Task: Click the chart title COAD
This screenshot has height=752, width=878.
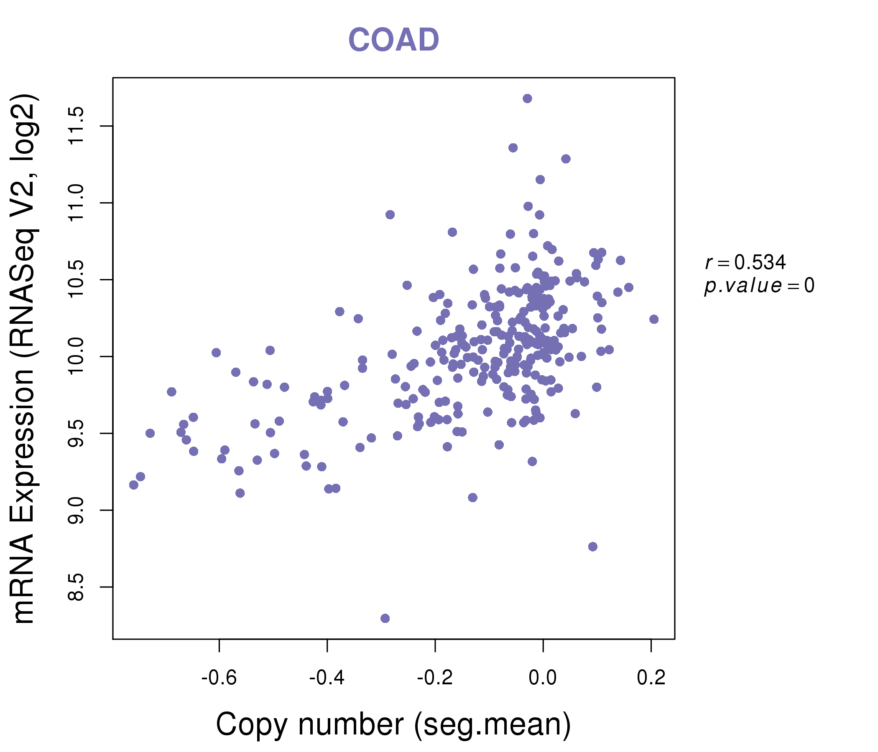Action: point(393,40)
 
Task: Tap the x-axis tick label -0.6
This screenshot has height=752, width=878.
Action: point(219,678)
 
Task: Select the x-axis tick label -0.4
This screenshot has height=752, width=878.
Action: point(327,678)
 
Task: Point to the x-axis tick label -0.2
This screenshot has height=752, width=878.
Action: point(435,678)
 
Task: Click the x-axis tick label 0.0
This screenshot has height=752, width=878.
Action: point(543,678)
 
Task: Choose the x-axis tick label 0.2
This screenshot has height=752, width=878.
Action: point(651,678)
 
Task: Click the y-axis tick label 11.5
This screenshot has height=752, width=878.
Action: point(77,126)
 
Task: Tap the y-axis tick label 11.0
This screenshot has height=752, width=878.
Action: point(77,203)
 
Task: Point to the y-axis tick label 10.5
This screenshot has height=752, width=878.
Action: point(77,279)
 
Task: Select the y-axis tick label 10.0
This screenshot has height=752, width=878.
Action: point(77,356)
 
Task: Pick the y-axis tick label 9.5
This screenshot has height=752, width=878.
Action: point(77,433)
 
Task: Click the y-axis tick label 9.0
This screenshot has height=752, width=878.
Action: point(77,510)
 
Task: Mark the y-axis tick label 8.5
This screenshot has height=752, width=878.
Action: point(77,587)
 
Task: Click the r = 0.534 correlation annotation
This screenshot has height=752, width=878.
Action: point(745,262)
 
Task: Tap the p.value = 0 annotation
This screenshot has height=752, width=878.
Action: point(759,286)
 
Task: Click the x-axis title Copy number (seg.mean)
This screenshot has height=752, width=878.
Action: point(393,724)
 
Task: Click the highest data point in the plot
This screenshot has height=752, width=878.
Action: point(527,99)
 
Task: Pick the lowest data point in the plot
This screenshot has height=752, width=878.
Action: point(385,619)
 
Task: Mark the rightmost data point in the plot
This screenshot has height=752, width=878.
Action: point(654,319)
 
